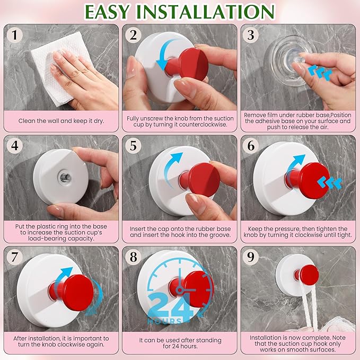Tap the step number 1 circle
tap(15, 36)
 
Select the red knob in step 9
tap(308, 274)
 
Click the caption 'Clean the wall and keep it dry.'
tap(61, 120)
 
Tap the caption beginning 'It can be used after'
tap(180, 342)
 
